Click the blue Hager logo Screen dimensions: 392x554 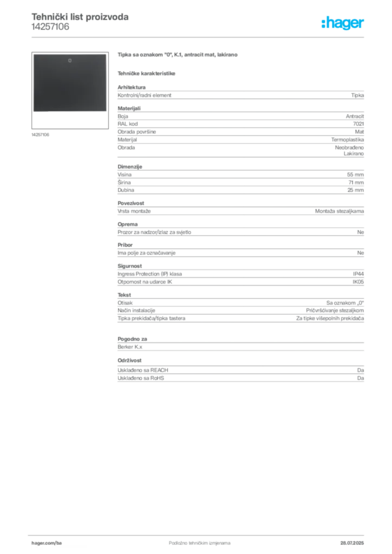(343, 24)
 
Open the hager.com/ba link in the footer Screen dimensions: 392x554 (47, 543)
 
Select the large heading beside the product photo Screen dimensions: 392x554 (177, 55)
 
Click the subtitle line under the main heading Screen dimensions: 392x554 (147, 73)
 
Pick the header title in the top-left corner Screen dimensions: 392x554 (80, 17)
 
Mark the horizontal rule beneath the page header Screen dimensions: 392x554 (199, 37)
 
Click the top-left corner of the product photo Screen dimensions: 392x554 (33, 54)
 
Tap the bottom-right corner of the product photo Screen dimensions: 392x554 (107, 112)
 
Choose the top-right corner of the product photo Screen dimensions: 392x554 (107, 54)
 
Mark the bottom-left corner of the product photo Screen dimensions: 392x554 (33, 112)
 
